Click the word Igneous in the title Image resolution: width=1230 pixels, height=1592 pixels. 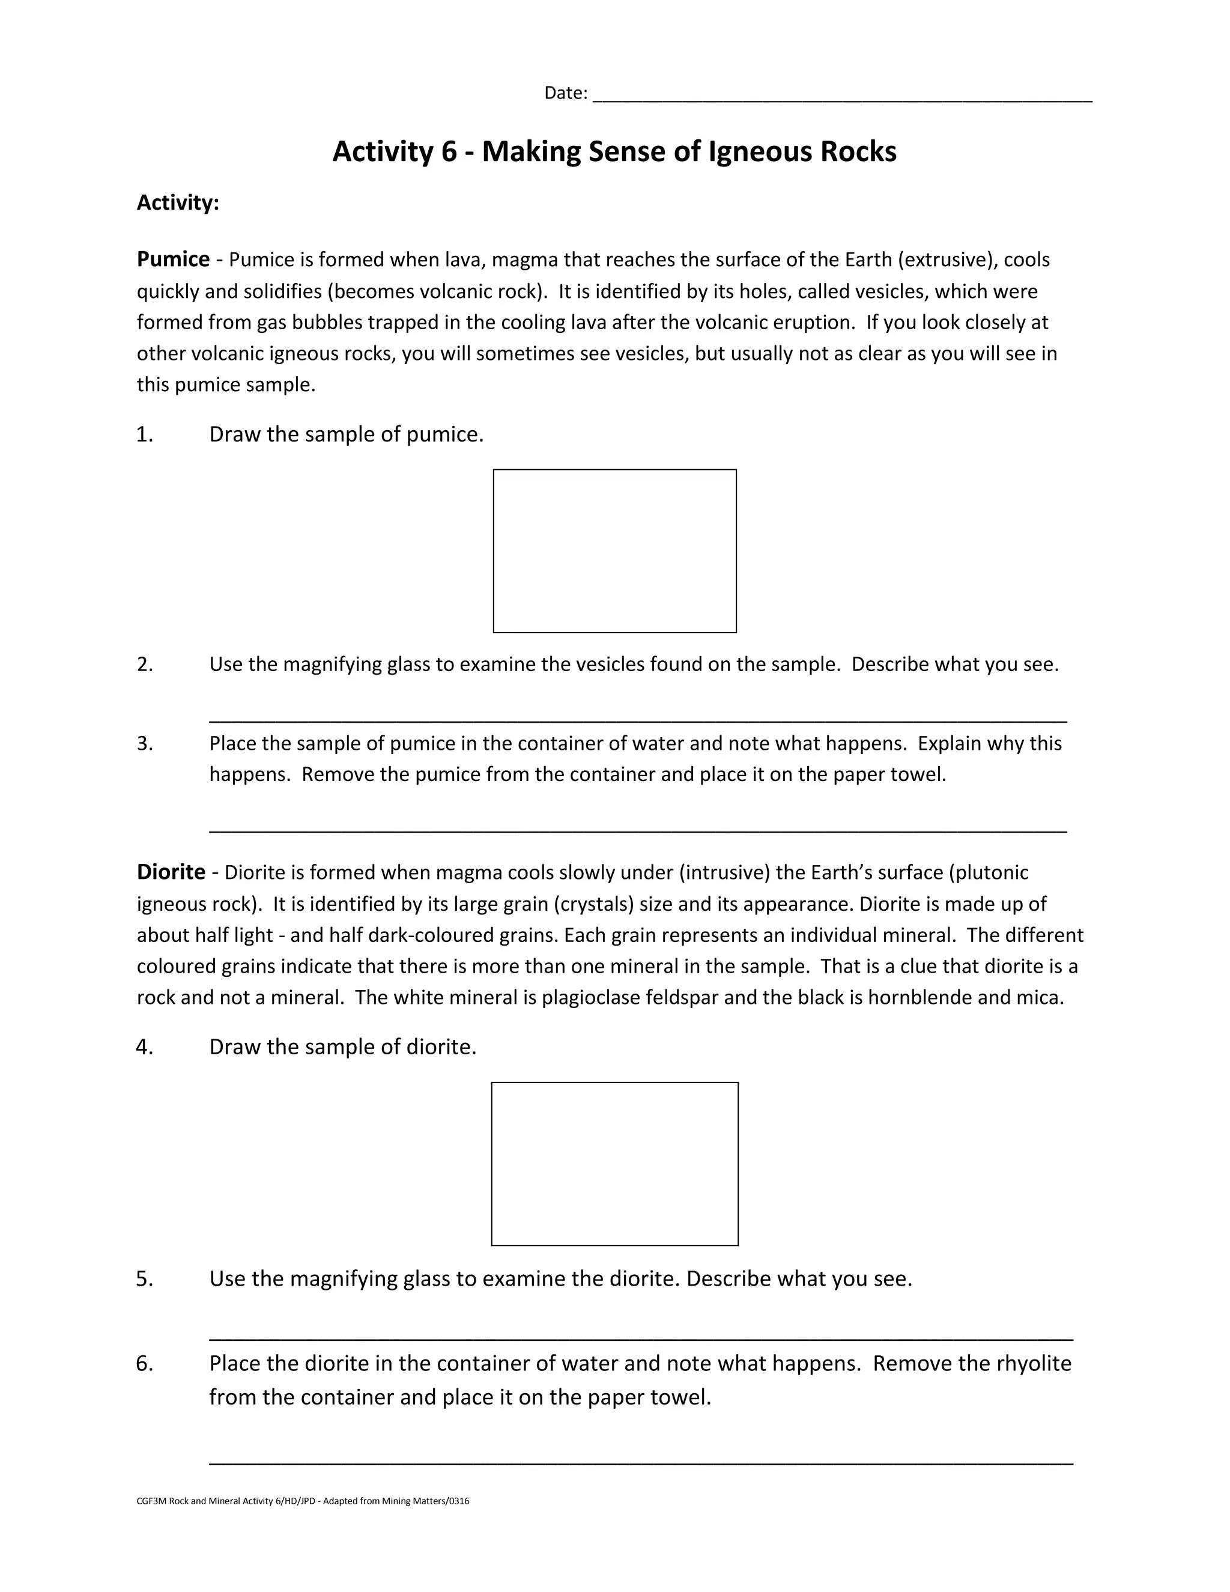(760, 151)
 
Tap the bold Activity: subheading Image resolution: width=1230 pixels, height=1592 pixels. (178, 202)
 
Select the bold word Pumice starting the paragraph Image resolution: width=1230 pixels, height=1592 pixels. (173, 260)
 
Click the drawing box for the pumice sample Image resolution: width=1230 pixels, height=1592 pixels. (614, 551)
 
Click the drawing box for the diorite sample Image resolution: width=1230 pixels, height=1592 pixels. (614, 1164)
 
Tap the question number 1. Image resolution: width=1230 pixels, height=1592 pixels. (144, 435)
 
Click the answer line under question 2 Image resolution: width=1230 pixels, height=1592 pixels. (638, 720)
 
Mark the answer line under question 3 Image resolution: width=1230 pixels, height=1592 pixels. (638, 830)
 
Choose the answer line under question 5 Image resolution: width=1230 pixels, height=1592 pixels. (640, 1339)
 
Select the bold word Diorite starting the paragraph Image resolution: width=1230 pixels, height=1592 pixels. (171, 872)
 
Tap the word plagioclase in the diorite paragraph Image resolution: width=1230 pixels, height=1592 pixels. (587, 997)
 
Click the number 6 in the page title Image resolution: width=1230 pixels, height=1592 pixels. (448, 151)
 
